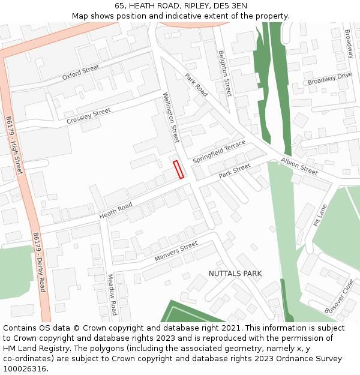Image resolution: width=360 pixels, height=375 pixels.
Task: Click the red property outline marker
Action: point(178,169)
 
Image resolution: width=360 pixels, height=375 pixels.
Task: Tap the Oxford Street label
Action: point(80,73)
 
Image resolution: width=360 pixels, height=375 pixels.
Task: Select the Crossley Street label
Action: point(89,116)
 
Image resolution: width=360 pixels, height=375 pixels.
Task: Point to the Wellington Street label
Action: point(172,117)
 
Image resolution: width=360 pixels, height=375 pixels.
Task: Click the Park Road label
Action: point(196,85)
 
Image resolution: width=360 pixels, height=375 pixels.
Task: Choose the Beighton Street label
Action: point(224,73)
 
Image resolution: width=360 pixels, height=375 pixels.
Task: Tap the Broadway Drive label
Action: point(330,79)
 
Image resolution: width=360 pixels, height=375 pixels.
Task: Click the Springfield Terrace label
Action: point(219,152)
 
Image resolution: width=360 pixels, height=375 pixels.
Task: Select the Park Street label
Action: point(234,171)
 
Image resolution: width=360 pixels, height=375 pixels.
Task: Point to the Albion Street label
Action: point(299,167)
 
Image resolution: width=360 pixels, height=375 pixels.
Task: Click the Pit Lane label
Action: point(320,215)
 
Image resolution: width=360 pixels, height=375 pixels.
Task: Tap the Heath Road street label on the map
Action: point(116,210)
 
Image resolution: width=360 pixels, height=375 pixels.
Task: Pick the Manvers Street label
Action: point(176,251)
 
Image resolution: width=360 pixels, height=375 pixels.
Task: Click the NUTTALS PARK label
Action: point(235,274)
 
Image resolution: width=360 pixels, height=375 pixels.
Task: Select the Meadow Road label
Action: point(112,295)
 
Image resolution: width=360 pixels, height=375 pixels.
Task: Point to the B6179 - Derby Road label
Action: point(39,262)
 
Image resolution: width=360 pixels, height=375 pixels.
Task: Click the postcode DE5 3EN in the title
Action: point(226,5)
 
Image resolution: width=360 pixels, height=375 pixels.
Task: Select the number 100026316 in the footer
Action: point(25,369)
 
